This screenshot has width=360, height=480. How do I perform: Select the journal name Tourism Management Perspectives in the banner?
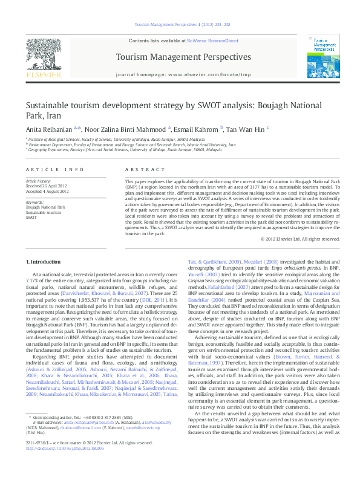click(x=182, y=57)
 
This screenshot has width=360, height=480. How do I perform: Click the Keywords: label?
click(x=34, y=202)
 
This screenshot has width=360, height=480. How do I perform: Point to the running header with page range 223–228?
click(x=182, y=25)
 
